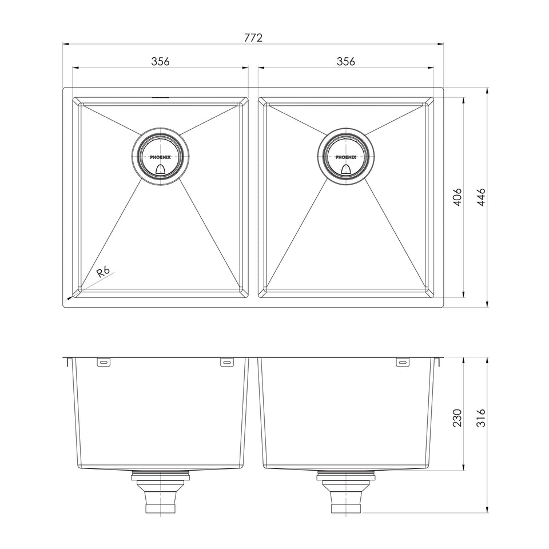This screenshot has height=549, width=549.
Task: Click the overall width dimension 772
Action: (253, 38)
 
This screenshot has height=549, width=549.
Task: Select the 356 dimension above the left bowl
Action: (160, 61)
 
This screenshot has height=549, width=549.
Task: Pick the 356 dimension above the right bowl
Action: (346, 61)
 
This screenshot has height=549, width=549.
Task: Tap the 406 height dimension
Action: (457, 197)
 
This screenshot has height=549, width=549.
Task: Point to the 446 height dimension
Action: (482, 197)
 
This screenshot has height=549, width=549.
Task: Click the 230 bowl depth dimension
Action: (457, 417)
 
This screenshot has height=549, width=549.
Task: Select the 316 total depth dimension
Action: (482, 417)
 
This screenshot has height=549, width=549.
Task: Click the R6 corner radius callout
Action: (104, 271)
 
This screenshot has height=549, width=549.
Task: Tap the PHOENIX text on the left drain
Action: (160, 157)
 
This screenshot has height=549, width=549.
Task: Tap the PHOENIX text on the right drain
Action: (346, 157)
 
